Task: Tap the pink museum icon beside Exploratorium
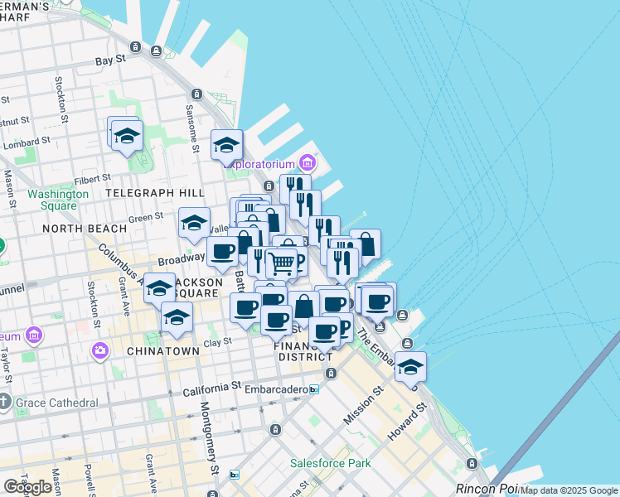coord(308,161)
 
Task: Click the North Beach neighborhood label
coord(75,228)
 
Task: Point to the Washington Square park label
coord(58,200)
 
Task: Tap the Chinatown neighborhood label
coord(163,351)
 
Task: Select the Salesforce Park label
coord(330,463)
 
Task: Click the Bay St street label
coord(110,60)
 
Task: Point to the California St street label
coord(211,387)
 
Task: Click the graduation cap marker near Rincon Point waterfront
coord(410,366)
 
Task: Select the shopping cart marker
coord(282,263)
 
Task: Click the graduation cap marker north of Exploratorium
coord(226,145)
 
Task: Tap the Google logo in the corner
coord(28,487)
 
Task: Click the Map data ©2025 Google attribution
coord(569,490)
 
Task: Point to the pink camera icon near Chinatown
coord(100,350)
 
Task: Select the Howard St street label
coord(414,419)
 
